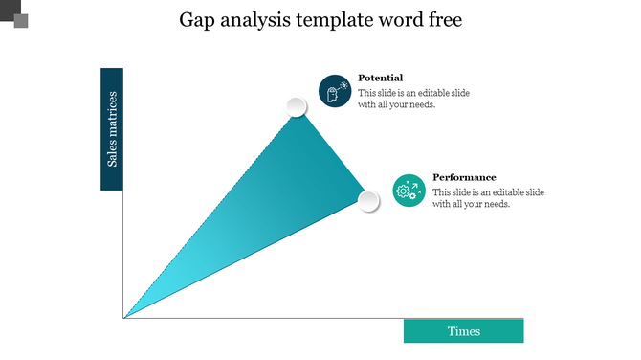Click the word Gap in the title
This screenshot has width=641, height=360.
point(199,19)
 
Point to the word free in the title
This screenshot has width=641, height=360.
point(444,19)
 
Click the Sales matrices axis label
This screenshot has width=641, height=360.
point(112,129)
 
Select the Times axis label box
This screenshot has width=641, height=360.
point(463,331)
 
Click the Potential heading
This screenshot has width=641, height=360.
point(380,78)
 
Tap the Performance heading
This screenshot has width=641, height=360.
point(464,177)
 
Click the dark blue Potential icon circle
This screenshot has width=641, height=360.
point(335,91)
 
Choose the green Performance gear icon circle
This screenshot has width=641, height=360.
point(409,191)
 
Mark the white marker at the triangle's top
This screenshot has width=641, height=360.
point(297,106)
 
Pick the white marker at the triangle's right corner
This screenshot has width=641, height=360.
point(369,200)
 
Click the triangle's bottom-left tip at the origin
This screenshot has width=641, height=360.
point(125,316)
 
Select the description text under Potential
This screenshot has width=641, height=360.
point(413,99)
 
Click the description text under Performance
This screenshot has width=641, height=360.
point(488,198)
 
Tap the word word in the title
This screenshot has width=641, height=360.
point(402,19)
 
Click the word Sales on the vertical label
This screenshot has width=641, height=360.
point(112,155)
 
